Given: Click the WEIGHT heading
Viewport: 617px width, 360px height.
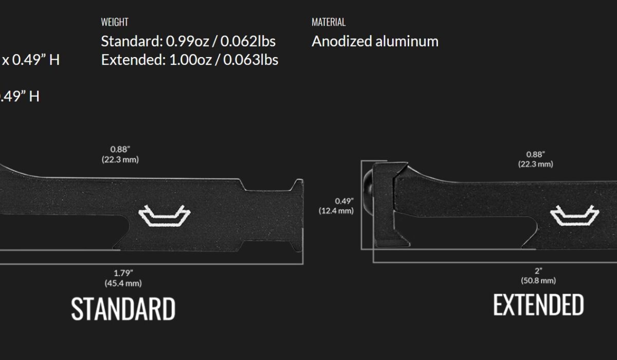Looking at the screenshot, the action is (x=115, y=22).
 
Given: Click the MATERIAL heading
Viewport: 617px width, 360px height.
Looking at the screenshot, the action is (x=329, y=22).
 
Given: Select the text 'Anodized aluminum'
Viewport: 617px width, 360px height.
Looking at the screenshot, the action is (x=375, y=41).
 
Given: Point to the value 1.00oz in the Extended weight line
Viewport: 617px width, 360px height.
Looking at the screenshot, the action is (x=190, y=60).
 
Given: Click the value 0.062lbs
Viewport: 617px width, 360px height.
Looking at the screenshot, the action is (x=248, y=41).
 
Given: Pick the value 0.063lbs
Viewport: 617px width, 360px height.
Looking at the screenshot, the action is (x=251, y=60).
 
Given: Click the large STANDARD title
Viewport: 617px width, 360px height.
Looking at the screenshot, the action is (x=123, y=309).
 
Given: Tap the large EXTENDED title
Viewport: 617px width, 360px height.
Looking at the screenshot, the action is (x=538, y=304).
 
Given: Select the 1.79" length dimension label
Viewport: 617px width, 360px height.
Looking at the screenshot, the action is (x=123, y=273).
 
